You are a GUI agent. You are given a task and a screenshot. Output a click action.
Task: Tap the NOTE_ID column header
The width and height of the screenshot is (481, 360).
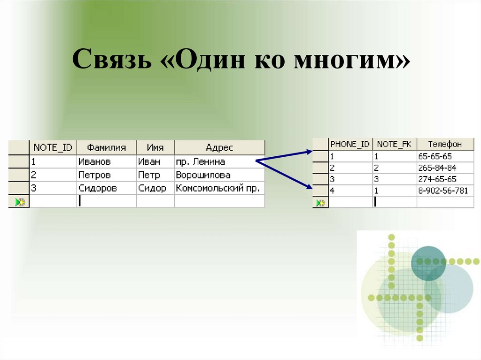click(x=53, y=147)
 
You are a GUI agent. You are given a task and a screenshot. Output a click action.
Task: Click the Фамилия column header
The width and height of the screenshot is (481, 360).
click(x=107, y=147)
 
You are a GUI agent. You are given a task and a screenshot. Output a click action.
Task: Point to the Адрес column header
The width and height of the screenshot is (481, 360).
click(x=219, y=147)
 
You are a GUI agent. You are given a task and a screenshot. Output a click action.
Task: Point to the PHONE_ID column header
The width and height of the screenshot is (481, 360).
click(x=350, y=144)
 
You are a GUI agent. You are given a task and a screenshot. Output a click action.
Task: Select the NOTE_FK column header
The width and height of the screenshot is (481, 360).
click(x=394, y=144)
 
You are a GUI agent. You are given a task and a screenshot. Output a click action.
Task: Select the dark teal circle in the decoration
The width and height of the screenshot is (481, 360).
click(x=428, y=263)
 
